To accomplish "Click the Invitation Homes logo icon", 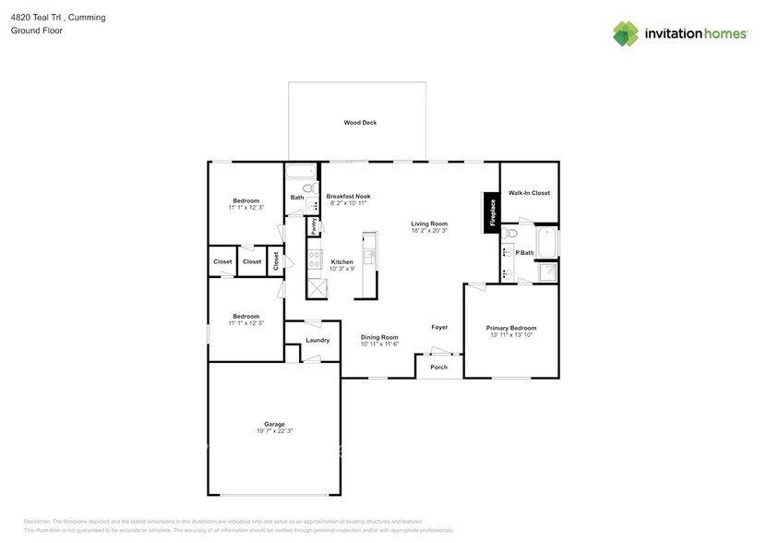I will [626, 34].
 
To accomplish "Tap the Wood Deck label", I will [360, 122].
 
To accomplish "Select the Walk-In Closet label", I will [529, 193].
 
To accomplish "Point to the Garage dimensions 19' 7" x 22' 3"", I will [274, 430].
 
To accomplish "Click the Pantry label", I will [314, 226].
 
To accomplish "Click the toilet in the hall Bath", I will [310, 188].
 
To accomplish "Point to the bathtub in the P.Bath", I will [547, 243].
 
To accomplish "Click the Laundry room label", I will [318, 341].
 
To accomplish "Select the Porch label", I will [439, 367].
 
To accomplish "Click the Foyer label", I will [439, 327].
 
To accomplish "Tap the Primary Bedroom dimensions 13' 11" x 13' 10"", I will [510, 335].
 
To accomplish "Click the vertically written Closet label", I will [275, 261].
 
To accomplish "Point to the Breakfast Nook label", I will [348, 196].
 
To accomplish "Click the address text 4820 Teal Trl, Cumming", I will [45, 16].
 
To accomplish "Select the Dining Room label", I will [379, 337].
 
